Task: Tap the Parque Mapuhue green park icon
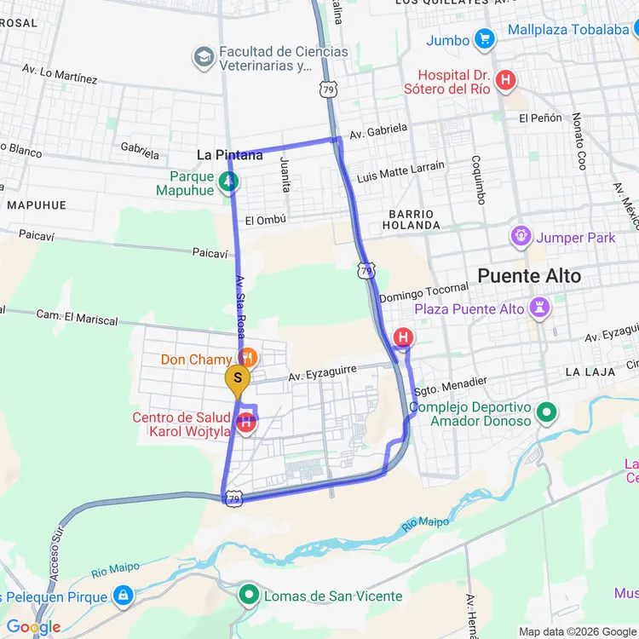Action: coord(228,181)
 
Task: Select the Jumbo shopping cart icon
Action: coord(485,39)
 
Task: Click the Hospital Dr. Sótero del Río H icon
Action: coord(506,81)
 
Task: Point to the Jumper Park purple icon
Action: coord(520,234)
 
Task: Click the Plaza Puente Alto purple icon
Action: coord(538,305)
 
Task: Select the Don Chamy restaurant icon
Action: coord(247,357)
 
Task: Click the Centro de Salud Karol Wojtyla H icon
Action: coord(246,421)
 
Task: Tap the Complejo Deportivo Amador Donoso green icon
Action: coord(546,414)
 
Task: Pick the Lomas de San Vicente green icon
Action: coord(249,594)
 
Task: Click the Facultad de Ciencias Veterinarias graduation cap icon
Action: coord(204,58)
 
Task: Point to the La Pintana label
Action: coord(229,155)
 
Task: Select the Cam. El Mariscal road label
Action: coord(77,318)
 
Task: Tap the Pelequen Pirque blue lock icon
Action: coord(124,595)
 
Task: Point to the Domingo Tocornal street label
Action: coord(423,292)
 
